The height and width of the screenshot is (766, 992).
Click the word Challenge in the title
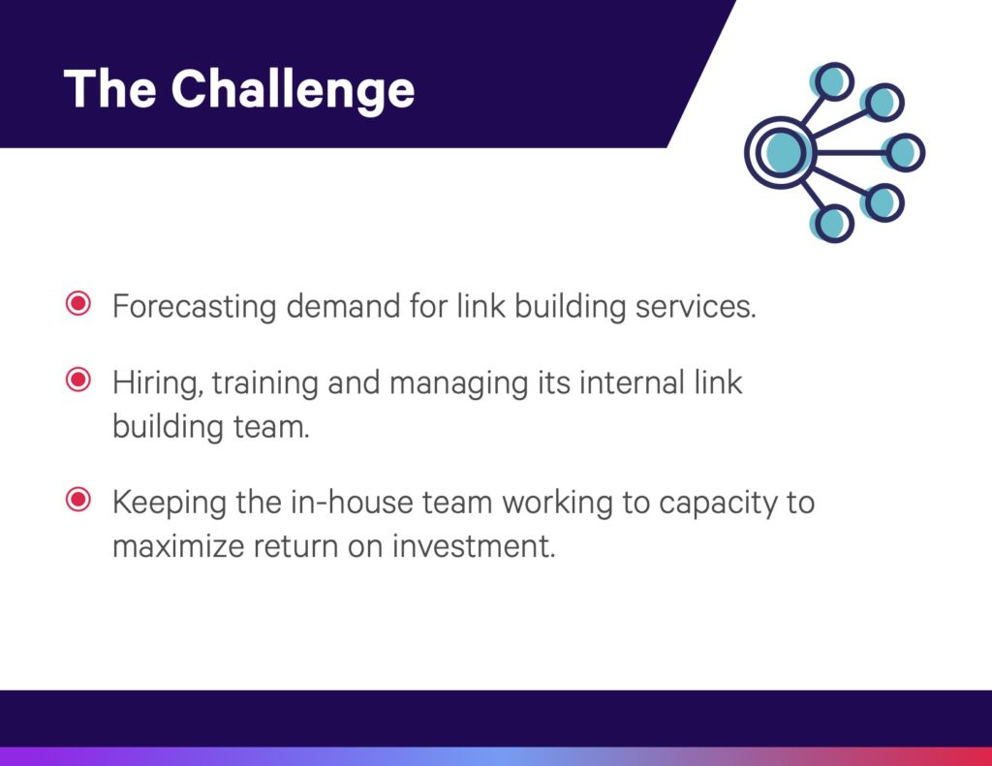[293, 90]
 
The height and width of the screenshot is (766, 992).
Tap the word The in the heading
[109, 88]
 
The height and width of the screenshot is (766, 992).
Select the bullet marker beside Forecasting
[78, 304]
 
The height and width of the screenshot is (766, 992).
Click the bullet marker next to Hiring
[78, 380]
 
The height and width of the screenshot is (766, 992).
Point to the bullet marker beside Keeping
[78, 500]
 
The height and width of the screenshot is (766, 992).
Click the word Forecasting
[194, 307]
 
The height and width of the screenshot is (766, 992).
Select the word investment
[474, 546]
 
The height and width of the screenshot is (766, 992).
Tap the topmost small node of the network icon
[833, 81]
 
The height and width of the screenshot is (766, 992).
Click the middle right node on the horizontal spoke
[906, 152]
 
